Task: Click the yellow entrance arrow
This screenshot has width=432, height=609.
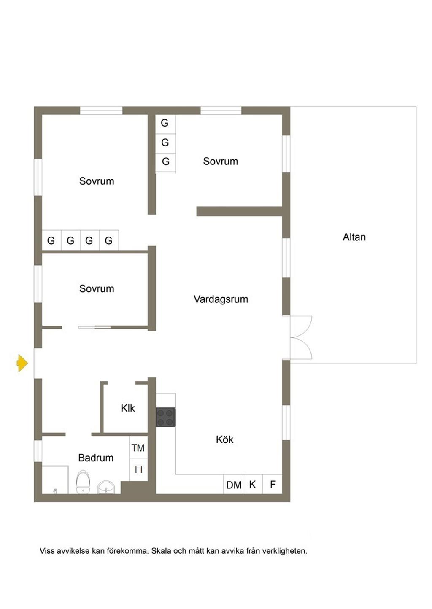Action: [x=22, y=363]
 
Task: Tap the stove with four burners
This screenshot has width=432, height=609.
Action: [x=165, y=417]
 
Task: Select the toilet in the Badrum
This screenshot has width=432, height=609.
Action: [x=83, y=482]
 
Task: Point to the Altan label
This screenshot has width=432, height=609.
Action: [x=354, y=237]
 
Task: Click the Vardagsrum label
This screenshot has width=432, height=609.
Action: [x=221, y=299]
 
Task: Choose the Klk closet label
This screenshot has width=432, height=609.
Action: [x=127, y=408]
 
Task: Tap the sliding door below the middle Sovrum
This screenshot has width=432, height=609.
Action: [x=94, y=327]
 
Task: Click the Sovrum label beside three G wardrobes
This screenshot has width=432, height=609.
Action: [x=220, y=161]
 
